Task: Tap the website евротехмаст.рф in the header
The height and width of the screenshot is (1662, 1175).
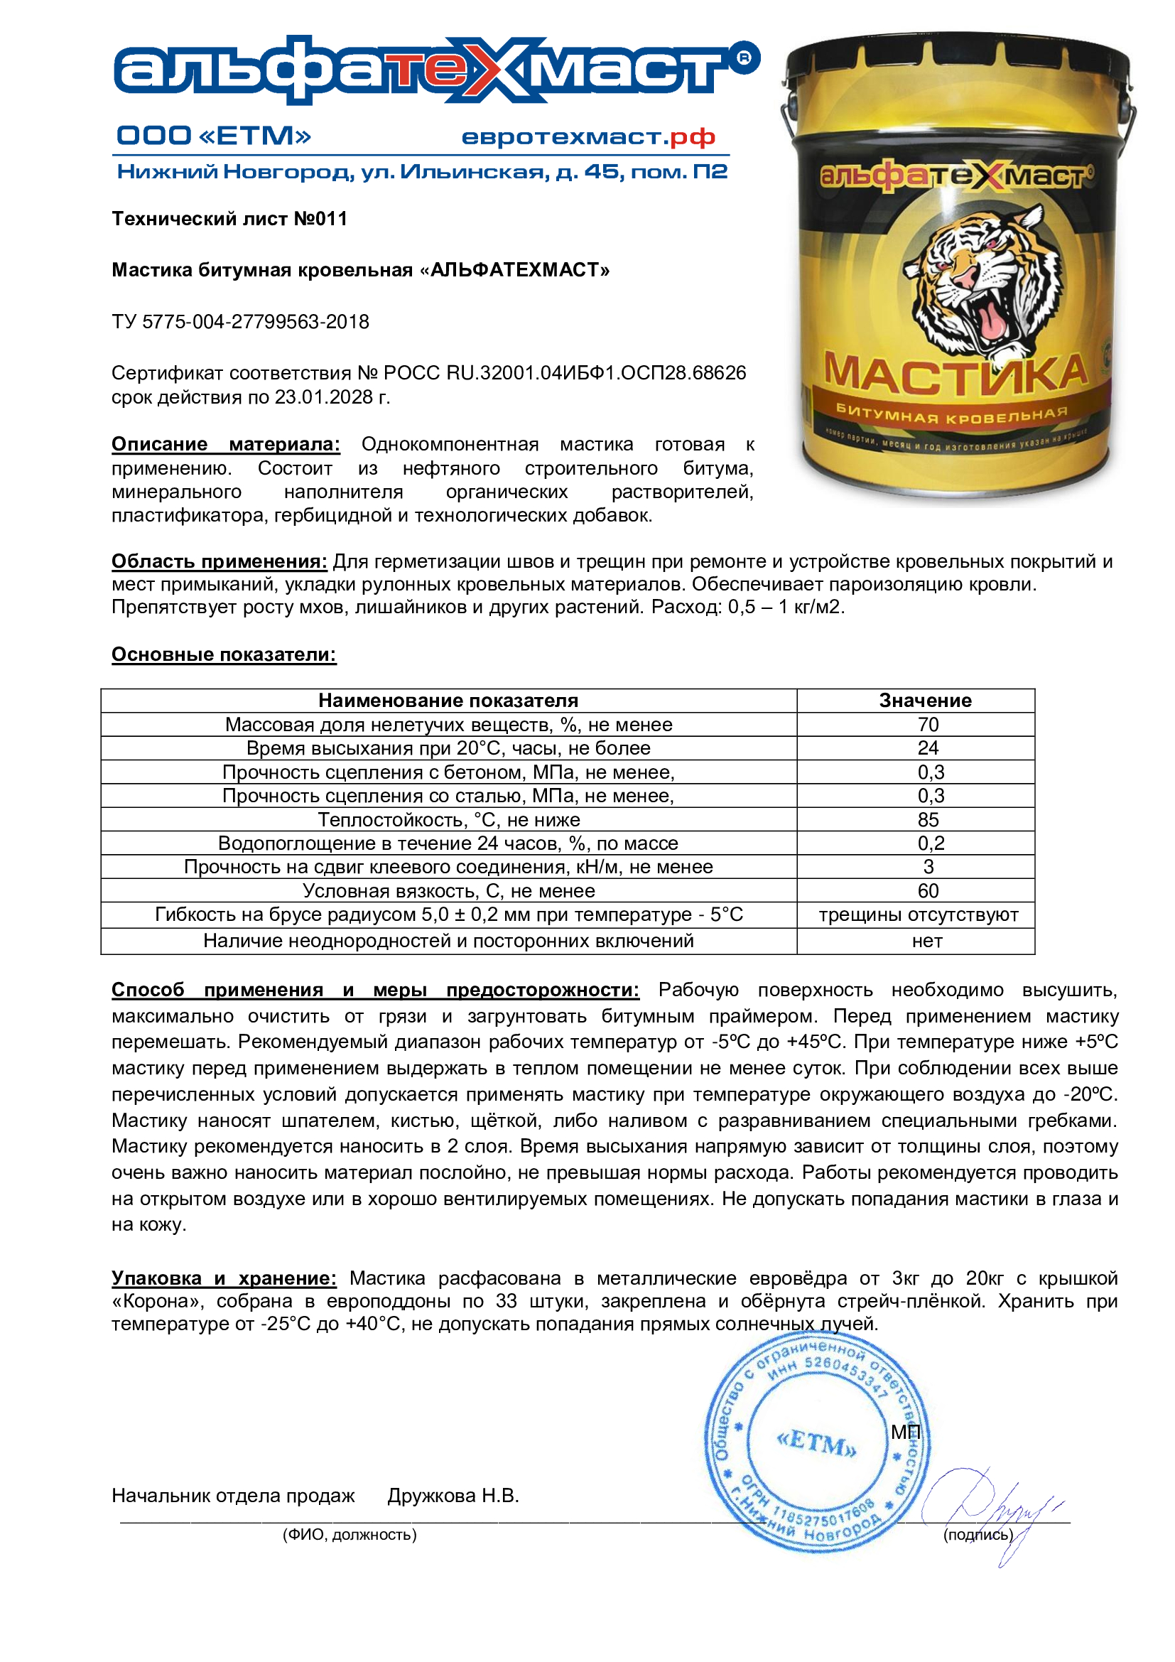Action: point(587,137)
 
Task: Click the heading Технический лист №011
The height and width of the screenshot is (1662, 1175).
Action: point(229,219)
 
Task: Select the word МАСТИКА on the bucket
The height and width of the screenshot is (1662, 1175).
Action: point(955,374)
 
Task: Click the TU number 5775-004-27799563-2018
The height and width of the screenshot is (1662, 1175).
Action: point(256,321)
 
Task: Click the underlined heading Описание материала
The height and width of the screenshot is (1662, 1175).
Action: point(225,443)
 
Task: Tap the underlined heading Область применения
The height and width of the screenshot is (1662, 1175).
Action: point(219,561)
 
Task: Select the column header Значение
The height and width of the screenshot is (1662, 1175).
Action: point(925,701)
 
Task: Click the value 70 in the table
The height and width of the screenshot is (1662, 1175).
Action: point(928,725)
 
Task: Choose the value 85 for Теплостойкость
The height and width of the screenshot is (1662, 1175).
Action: point(928,819)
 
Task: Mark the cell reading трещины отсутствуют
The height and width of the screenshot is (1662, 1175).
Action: point(917,915)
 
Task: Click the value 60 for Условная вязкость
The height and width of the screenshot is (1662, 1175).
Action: point(928,891)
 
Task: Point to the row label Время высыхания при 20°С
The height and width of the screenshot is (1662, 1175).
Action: point(448,748)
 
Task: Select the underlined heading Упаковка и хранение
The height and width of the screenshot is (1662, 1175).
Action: point(224,1278)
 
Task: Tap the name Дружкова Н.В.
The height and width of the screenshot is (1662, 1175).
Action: point(453,1496)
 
